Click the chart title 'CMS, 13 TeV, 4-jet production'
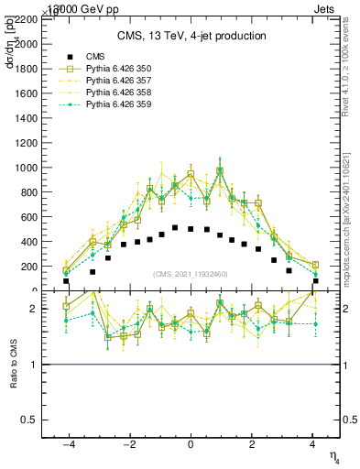click(x=191, y=37)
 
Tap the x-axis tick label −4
click(x=67, y=444)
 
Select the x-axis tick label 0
click(x=191, y=444)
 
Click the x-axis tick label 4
click(x=313, y=444)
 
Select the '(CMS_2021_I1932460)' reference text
click(x=191, y=275)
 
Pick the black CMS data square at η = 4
click(x=315, y=281)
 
